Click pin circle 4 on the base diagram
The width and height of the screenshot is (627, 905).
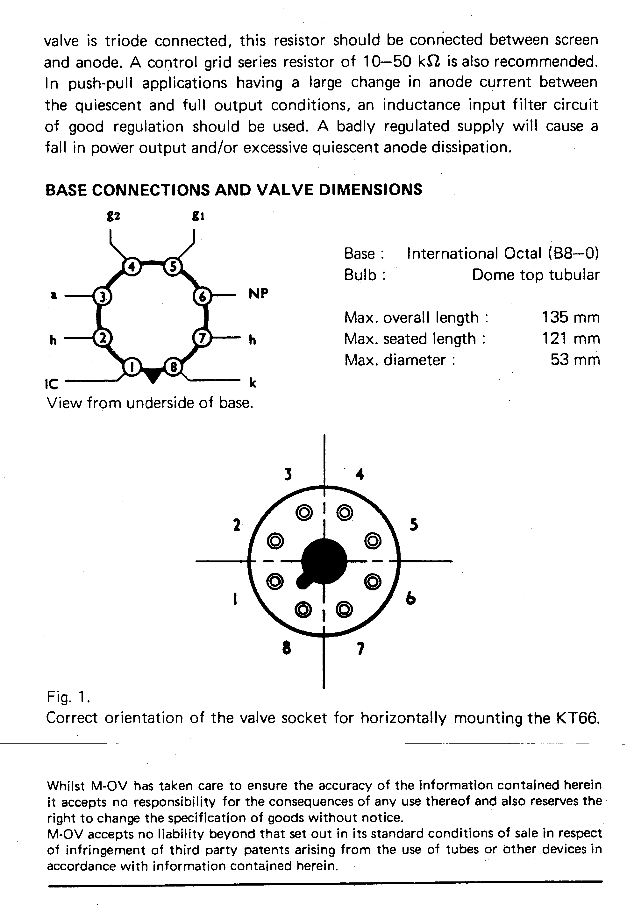point(132,267)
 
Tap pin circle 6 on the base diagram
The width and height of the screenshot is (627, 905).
point(202,296)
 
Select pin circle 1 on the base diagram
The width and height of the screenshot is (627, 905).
point(132,367)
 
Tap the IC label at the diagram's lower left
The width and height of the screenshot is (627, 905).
point(52,384)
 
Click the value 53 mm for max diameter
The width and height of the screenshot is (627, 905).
point(575,360)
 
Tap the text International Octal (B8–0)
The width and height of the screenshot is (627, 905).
point(503,253)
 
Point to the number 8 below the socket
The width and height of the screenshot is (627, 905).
point(287,648)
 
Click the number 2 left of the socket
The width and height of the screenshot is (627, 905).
point(237,525)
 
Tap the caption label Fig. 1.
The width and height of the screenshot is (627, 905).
point(69,696)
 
